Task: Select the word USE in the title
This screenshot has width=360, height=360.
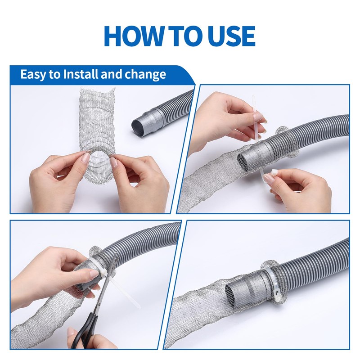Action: (x=234, y=36)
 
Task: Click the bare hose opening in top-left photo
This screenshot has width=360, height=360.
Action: (x=140, y=126)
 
